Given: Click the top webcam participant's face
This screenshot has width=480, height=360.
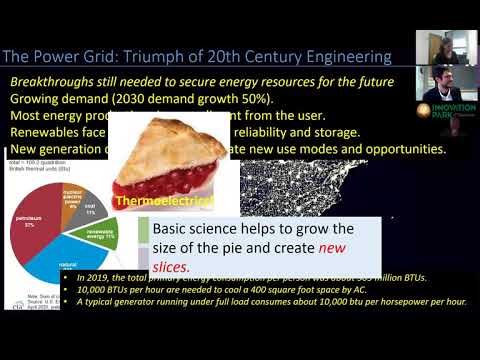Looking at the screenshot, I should pyautogui.click(x=459, y=44).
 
